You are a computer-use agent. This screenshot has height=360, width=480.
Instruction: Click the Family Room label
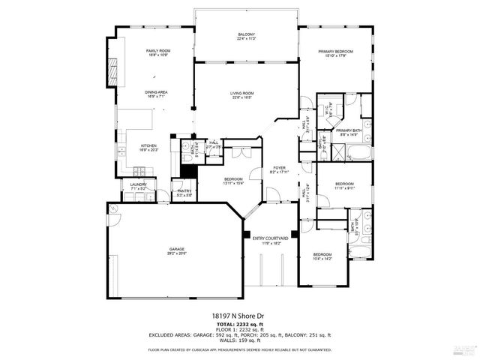(158, 52)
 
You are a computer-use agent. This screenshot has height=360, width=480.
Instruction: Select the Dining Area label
(156, 94)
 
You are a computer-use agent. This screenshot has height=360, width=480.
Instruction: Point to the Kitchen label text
(148, 147)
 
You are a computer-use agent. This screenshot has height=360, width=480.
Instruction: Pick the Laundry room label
(138, 185)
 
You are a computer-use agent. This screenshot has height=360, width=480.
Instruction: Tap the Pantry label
(184, 192)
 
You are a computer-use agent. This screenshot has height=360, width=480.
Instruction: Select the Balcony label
(247, 37)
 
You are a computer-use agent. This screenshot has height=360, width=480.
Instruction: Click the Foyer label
(279, 169)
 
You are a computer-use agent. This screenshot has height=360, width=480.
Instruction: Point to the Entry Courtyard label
(270, 240)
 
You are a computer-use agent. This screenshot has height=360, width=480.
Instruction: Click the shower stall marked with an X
(337, 149)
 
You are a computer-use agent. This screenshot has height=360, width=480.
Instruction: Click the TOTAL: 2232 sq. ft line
(240, 324)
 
